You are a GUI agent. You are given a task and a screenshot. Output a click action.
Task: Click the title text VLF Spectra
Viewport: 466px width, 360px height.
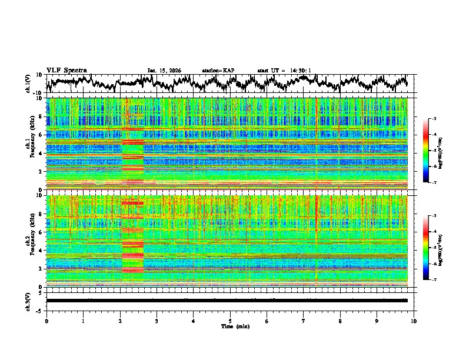click(66, 70)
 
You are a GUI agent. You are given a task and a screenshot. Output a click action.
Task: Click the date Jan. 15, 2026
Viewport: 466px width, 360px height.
click(164, 71)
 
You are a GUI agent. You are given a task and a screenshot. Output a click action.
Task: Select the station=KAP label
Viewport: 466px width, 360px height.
click(218, 71)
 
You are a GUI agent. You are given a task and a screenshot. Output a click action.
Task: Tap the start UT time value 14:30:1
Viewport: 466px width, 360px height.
click(301, 71)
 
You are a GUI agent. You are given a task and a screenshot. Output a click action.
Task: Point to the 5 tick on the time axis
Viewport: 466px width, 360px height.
click(230, 321)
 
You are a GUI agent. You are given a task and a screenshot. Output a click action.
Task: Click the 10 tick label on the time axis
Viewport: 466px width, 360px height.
click(414, 321)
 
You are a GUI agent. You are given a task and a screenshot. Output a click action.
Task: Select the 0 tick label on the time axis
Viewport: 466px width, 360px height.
click(46, 321)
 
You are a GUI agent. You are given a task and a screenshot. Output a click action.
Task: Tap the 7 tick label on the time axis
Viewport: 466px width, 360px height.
click(304, 321)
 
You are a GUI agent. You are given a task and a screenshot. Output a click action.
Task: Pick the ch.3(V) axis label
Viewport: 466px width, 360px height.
click(28, 300)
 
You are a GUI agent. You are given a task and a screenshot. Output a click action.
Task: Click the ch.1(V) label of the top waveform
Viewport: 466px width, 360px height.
click(28, 84)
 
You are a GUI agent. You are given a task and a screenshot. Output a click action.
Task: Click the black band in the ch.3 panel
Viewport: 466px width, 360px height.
click(227, 301)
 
